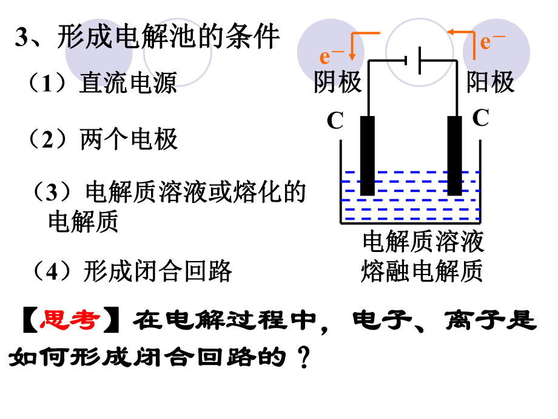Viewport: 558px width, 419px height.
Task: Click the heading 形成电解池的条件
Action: click(169, 37)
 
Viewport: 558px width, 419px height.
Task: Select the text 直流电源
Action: click(128, 83)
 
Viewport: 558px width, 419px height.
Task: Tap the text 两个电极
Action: click(129, 140)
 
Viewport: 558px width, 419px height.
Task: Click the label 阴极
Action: click(338, 81)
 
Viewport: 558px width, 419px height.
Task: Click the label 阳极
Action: click(490, 81)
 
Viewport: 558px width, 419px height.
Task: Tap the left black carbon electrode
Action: click(367, 155)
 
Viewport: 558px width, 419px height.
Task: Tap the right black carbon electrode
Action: click(454, 155)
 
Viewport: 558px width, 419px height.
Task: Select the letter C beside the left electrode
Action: click(335, 121)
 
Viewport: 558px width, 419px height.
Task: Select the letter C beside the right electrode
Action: click(480, 118)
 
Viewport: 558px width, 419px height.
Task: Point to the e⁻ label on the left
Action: click(332, 56)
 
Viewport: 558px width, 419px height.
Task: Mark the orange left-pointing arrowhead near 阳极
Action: click(449, 31)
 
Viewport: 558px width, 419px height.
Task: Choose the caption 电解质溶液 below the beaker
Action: click(423, 242)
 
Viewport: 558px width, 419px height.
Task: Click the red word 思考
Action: click(70, 320)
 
